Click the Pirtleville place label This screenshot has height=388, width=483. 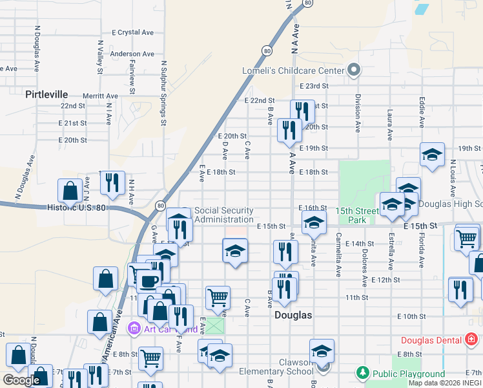click(46, 94)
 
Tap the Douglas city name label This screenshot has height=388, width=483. click(293, 315)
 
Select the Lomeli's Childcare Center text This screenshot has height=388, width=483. click(293, 70)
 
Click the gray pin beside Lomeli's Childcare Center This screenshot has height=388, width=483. click(353, 70)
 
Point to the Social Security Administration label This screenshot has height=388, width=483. click(223, 215)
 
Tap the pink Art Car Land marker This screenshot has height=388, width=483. click(134, 329)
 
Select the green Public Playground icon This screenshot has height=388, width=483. click(363, 373)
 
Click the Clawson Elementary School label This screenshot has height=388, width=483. click(276, 367)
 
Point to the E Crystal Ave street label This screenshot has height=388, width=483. click(132, 32)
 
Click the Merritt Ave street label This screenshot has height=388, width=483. click(100, 95)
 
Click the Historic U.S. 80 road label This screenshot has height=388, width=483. click(76, 208)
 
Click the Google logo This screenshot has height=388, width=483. click(21, 380)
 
